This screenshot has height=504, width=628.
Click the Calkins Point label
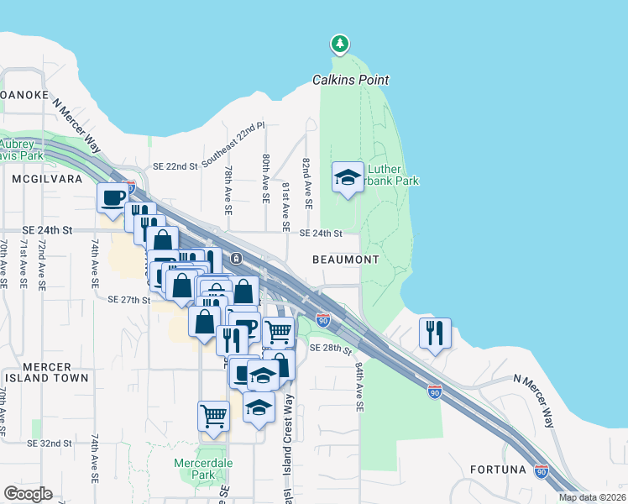pos(350,80)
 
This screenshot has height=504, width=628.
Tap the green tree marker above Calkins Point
pos(339,43)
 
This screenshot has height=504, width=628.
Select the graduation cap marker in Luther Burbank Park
pos(348,177)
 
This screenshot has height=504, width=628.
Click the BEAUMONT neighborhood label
pos(346,260)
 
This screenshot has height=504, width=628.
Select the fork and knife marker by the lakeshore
pos(435,333)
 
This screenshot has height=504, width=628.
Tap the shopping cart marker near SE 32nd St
pos(214,416)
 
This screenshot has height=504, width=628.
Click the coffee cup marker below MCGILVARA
pos(113,198)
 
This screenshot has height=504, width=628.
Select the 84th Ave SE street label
pos(358,386)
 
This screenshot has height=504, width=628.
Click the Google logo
pos(28,494)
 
